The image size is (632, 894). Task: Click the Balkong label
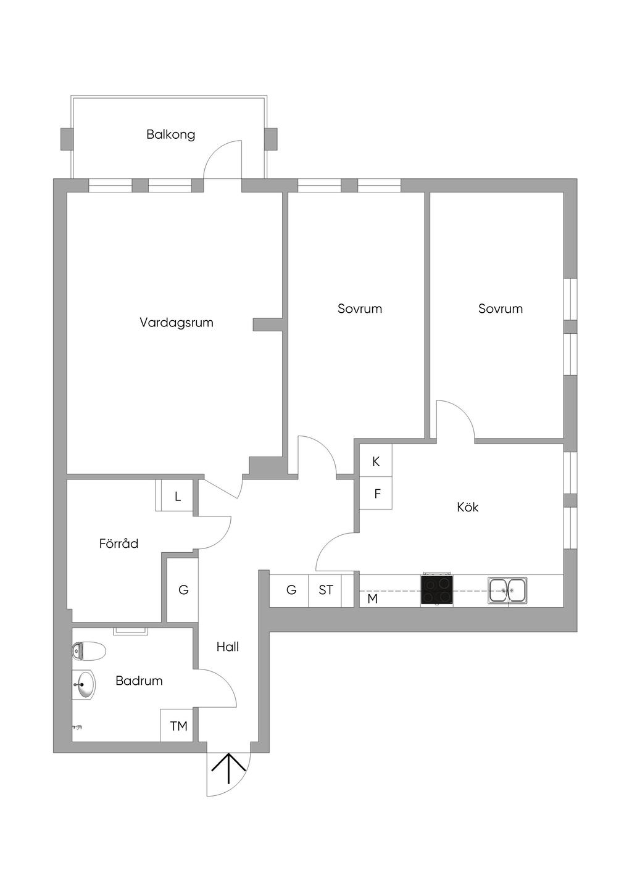(x=170, y=135)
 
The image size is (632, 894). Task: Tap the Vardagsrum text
(x=176, y=323)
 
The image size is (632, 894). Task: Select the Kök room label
(x=467, y=507)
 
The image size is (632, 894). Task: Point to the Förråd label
(x=118, y=544)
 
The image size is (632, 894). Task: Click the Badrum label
(x=139, y=681)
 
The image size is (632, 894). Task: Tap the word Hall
(x=227, y=647)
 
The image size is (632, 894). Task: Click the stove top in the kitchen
(x=436, y=590)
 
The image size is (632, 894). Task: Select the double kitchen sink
(x=507, y=590)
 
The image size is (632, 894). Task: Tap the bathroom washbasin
(x=85, y=685)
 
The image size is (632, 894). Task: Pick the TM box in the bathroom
(x=178, y=726)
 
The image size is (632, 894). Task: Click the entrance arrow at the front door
(x=229, y=768)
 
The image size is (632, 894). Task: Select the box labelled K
(x=376, y=461)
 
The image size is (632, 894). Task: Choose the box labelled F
(x=377, y=494)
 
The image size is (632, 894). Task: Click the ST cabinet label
(x=325, y=590)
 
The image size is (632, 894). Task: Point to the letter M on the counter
(x=372, y=599)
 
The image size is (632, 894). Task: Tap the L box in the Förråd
(x=178, y=497)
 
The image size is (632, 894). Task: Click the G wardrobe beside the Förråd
(x=183, y=590)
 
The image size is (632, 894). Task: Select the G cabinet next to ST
(x=291, y=590)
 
